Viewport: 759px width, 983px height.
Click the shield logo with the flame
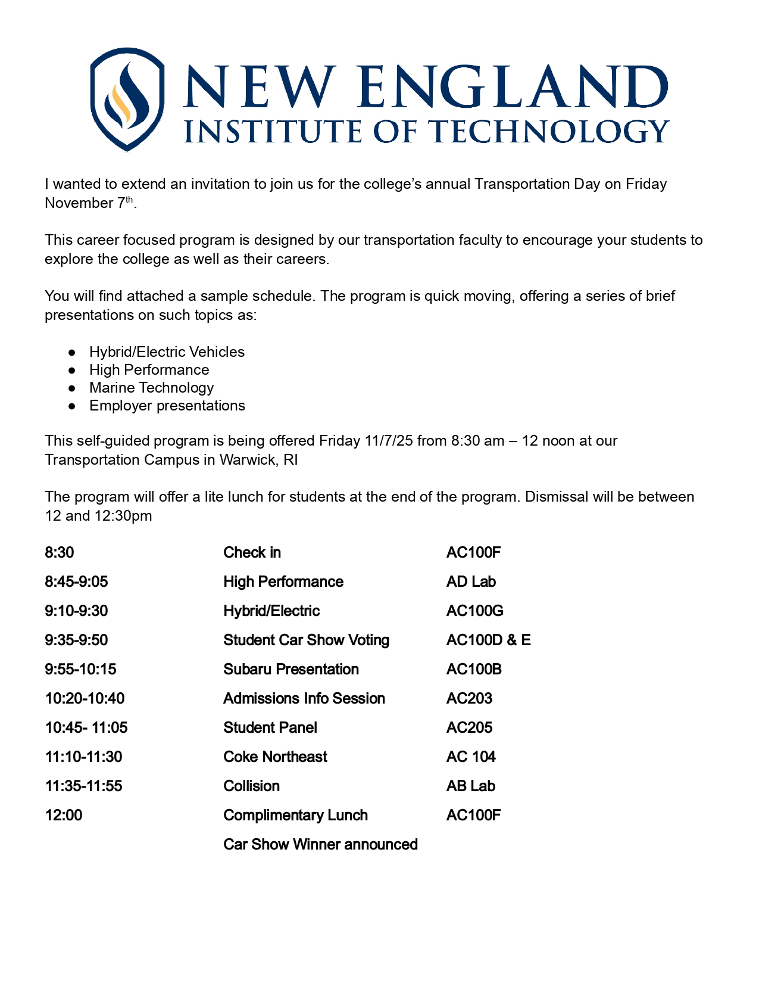pyautogui.click(x=127, y=99)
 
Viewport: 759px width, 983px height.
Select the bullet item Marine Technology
pyautogui.click(x=151, y=388)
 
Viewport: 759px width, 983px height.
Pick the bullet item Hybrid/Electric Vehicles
pyautogui.click(x=167, y=352)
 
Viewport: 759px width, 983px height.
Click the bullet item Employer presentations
pyautogui.click(x=167, y=406)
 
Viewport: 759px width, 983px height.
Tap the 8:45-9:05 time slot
pyautogui.click(x=76, y=582)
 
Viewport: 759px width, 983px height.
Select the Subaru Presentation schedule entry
pyautogui.click(x=291, y=670)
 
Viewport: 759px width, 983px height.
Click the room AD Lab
pyautogui.click(x=471, y=582)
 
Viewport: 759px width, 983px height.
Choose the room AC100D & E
pyautogui.click(x=488, y=640)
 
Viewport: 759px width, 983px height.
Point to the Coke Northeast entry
pyautogui.click(x=275, y=757)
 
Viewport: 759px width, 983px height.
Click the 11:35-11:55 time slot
pyautogui.click(x=83, y=786)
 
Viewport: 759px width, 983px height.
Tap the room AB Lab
pyautogui.click(x=470, y=786)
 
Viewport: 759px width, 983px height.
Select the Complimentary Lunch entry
pyautogui.click(x=295, y=816)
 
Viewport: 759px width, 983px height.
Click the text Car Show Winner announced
pyautogui.click(x=320, y=845)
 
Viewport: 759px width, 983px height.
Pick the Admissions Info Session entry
pyautogui.click(x=304, y=699)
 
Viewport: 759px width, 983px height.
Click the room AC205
pyautogui.click(x=469, y=728)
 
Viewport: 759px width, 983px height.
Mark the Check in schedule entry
pyautogui.click(x=252, y=553)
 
